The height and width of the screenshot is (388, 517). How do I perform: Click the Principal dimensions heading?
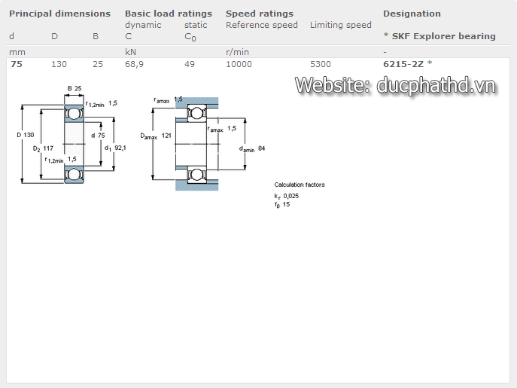coord(59,14)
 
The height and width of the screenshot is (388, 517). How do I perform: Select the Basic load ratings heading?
coord(169,14)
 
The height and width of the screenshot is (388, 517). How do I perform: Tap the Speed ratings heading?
coord(260,14)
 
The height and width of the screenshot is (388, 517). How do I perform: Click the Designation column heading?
coord(412,14)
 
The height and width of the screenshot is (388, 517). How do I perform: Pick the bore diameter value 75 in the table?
coord(16,64)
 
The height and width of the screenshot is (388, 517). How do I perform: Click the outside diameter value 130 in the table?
coord(59,64)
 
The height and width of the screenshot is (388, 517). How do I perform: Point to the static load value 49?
coord(190,64)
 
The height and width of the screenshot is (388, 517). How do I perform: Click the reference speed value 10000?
coord(239,64)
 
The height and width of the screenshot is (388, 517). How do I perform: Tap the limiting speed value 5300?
coord(321,64)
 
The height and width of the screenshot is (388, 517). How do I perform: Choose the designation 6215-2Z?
coord(403,64)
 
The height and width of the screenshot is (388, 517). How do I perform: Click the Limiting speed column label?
coord(341,25)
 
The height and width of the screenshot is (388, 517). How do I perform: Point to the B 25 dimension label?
coord(74,89)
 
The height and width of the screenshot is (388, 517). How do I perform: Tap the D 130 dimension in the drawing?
coord(26,135)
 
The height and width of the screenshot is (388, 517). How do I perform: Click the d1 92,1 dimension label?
coord(115,148)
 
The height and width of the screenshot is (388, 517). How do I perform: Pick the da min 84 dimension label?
coord(252,148)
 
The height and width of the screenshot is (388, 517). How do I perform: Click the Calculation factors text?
coord(300,185)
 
